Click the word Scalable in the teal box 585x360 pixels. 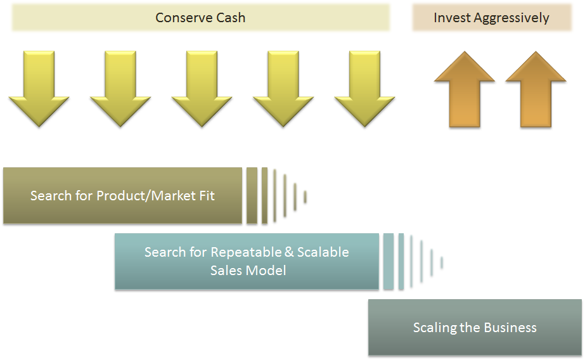pos(323,252)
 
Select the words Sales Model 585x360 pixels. pos(248,271)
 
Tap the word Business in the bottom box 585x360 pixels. pos(510,328)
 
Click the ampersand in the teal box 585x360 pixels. pos(289,252)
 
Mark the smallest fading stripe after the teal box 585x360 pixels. pos(442,262)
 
